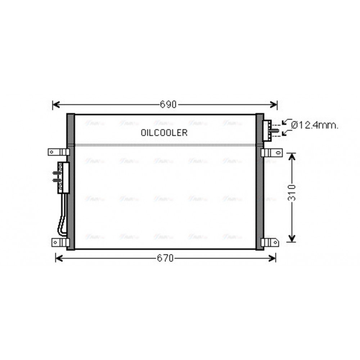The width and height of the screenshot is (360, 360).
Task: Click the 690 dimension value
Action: click(x=168, y=104)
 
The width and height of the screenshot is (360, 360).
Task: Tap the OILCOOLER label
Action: click(x=164, y=133)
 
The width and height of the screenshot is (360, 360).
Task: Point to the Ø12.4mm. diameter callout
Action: click(x=315, y=125)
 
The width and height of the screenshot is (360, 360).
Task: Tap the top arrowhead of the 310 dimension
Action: click(x=292, y=156)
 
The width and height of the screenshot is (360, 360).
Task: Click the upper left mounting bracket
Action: click(x=58, y=152)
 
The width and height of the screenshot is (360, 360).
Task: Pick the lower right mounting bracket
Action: click(x=270, y=242)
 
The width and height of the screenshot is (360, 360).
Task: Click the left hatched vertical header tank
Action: click(x=71, y=182)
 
